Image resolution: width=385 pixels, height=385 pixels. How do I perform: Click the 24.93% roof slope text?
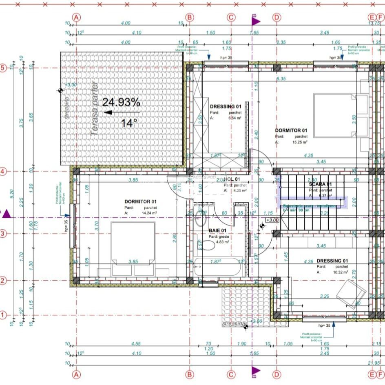pyautogui.click(x=121, y=102)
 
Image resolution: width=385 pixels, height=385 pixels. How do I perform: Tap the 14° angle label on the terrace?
pyautogui.click(x=129, y=123)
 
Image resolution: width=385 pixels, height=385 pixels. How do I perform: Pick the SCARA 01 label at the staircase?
pyautogui.click(x=321, y=184)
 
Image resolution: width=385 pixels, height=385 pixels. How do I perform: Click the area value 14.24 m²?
pyautogui.click(x=149, y=213)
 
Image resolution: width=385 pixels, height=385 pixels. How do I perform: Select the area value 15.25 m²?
pyautogui.click(x=299, y=142)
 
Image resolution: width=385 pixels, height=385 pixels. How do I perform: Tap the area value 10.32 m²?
pyautogui.click(x=339, y=272)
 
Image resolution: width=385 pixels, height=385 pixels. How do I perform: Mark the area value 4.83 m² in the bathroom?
pyautogui.click(x=222, y=242)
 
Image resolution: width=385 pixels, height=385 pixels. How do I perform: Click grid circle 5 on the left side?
pyautogui.click(x=3, y=68)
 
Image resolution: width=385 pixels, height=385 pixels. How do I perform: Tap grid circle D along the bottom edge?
pyautogui.click(x=277, y=374)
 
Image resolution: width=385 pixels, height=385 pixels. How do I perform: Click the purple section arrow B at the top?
pyautogui.click(x=254, y=20)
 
